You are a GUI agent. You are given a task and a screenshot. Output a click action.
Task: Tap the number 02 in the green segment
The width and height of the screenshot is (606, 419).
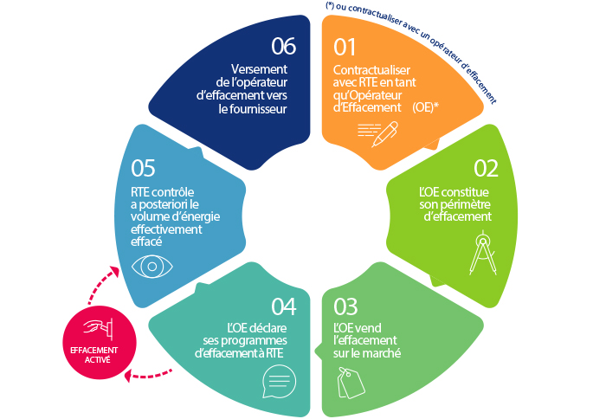486,168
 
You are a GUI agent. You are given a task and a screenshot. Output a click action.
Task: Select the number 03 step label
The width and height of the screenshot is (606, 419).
345,307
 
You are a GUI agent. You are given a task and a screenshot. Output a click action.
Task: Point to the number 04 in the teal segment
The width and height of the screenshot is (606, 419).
283,307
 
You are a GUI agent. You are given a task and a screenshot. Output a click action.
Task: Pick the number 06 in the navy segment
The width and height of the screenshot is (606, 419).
284,44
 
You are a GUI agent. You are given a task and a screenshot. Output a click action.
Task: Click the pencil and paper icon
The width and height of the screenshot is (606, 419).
378,132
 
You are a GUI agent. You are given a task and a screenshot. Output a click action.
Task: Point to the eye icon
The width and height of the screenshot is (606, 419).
151,265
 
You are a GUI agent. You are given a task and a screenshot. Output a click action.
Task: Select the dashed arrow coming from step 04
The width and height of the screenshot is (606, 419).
149,375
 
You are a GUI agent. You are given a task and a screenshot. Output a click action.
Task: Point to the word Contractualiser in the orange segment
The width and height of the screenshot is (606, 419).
372,69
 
